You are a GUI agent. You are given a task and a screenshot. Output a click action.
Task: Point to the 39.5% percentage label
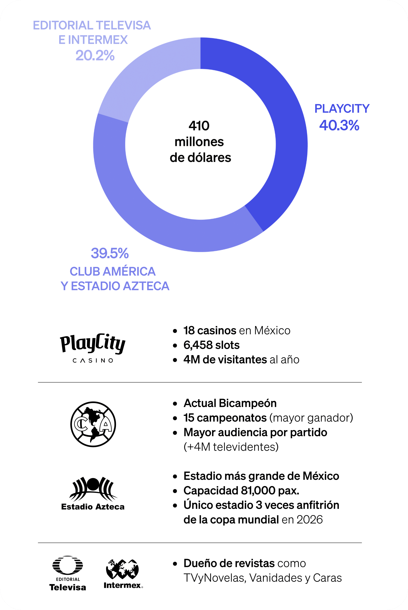[109, 253]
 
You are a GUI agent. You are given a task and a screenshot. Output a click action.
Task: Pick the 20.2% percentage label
[95, 55]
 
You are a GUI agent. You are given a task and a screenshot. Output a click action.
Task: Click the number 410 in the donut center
[199, 126]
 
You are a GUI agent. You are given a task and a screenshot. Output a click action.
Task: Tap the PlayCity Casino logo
[93, 348]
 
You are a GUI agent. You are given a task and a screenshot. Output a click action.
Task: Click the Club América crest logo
[93, 424]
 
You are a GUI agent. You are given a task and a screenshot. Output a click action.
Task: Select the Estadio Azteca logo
[93, 493]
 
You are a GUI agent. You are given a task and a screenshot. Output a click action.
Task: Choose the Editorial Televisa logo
[68, 573]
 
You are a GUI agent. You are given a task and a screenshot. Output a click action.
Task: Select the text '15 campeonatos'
[225, 418]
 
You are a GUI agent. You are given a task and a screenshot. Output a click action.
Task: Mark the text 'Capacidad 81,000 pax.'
[241, 491]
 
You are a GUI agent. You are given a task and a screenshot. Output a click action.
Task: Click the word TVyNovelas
[214, 578]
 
